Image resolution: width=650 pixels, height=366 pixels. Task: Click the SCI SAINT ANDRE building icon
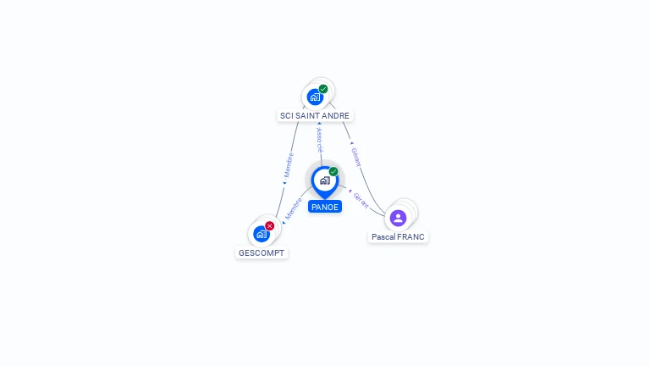pyautogui.click(x=315, y=97)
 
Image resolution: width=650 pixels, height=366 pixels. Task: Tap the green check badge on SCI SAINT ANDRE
pyautogui.click(x=323, y=89)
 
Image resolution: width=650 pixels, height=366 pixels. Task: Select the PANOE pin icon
pyautogui.click(x=324, y=180)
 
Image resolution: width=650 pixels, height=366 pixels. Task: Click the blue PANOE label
pyautogui.click(x=325, y=207)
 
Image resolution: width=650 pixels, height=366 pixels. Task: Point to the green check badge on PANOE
pyautogui.click(x=333, y=172)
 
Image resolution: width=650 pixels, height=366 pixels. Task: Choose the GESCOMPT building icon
pyautogui.click(x=261, y=234)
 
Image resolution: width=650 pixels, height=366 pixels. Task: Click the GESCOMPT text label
pyautogui.click(x=262, y=252)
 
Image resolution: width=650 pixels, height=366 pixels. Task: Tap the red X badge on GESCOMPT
pyautogui.click(x=269, y=226)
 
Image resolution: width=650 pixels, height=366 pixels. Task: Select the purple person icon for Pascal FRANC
pyautogui.click(x=398, y=218)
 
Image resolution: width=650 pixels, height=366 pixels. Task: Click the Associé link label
pyautogui.click(x=320, y=141)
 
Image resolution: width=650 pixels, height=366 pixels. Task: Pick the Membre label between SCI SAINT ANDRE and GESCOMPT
pyautogui.click(x=289, y=165)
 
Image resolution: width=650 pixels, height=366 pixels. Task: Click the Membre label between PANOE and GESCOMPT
pyautogui.click(x=294, y=209)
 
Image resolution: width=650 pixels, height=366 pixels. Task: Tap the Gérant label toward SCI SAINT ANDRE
pyautogui.click(x=356, y=156)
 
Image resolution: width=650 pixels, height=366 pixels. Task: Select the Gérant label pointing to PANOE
pyautogui.click(x=361, y=200)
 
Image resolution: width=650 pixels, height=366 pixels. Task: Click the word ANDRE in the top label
pyautogui.click(x=335, y=115)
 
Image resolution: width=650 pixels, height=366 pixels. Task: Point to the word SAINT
pyautogui.click(x=307, y=115)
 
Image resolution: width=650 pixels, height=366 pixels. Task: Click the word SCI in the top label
pyautogui.click(x=286, y=115)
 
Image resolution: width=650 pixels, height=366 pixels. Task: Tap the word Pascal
pyautogui.click(x=383, y=237)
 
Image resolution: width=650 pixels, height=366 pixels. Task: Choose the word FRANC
pyautogui.click(x=410, y=237)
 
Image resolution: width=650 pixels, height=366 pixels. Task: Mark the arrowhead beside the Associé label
pyautogui.click(x=319, y=124)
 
